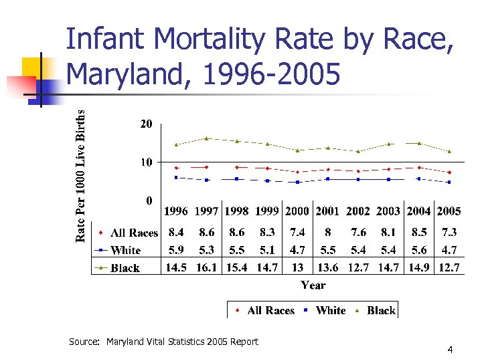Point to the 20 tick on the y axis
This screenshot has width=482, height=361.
[x=146, y=124]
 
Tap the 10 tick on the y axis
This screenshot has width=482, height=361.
[x=146, y=162]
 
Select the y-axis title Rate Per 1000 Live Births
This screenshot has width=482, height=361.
[x=81, y=176]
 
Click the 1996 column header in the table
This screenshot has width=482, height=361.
[x=177, y=211]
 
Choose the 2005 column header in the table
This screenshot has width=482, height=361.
[x=449, y=211]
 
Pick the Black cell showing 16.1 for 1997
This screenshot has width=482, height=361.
[x=207, y=267]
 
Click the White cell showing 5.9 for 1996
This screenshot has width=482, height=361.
[x=177, y=250]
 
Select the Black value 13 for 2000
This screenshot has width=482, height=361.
[x=297, y=267]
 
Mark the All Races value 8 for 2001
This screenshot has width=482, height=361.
[x=327, y=233]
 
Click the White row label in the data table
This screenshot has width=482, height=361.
[x=126, y=251]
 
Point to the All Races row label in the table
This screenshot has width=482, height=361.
[x=134, y=233]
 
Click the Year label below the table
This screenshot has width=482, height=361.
[x=313, y=285]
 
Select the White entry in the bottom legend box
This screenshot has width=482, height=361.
[x=330, y=311]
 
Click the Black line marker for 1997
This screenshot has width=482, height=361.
[x=207, y=138]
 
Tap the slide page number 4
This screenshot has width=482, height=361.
[x=451, y=350]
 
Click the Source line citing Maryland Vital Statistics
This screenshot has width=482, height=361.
[x=163, y=342]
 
